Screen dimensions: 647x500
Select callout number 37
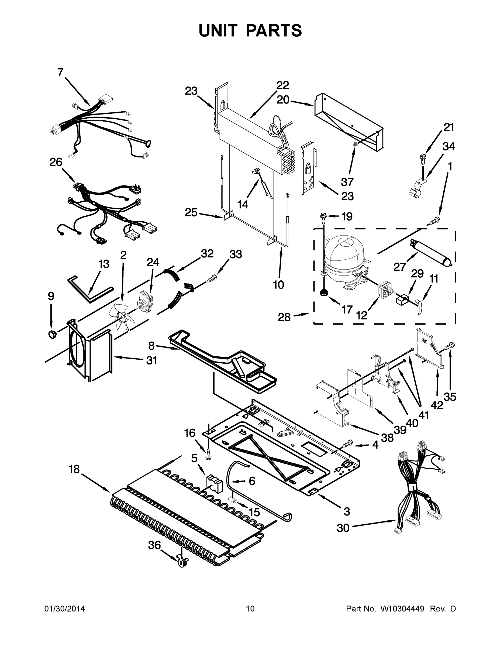[x=347, y=182]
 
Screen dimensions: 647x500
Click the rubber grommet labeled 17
[x=324, y=293]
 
